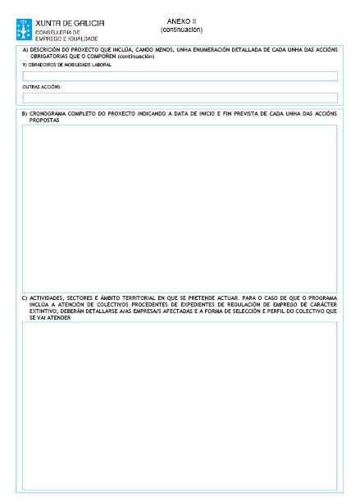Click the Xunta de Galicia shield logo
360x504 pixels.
pyautogui.click(x=25, y=30)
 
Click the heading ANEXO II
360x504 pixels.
pyautogui.click(x=181, y=21)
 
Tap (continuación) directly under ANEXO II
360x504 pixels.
pyautogui.click(x=181, y=30)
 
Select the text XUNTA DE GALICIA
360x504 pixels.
pyautogui.click(x=70, y=23)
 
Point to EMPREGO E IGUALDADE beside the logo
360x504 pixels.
pyautogui.click(x=66, y=39)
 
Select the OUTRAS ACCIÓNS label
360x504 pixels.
pyautogui.click(x=42, y=86)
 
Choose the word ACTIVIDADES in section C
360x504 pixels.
pyautogui.click(x=46, y=298)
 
